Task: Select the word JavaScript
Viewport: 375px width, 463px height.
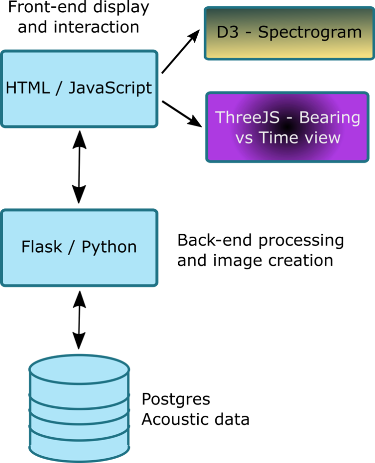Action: click(110, 88)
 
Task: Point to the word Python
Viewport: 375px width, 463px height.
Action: click(109, 247)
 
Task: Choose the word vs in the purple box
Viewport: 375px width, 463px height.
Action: click(245, 138)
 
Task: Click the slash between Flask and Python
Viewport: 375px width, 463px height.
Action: click(72, 247)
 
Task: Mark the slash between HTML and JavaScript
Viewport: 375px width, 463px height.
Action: click(59, 88)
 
